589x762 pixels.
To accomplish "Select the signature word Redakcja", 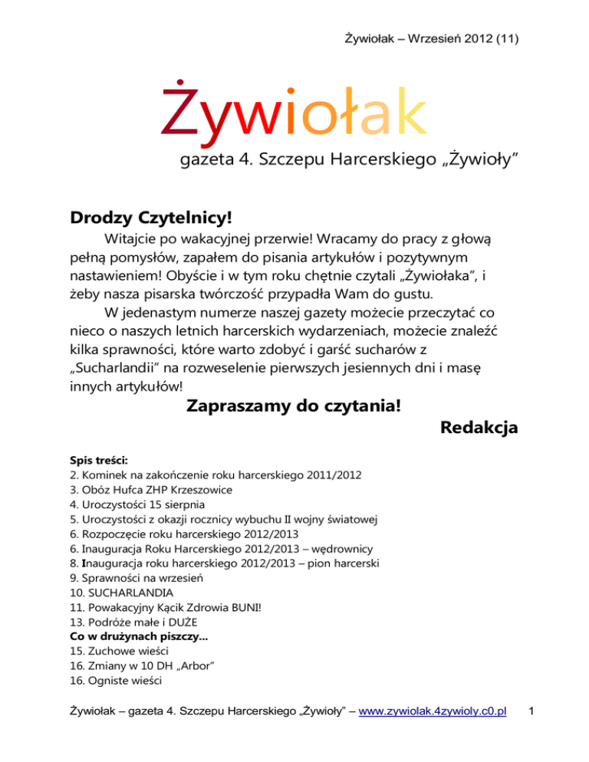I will tap(479, 429).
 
